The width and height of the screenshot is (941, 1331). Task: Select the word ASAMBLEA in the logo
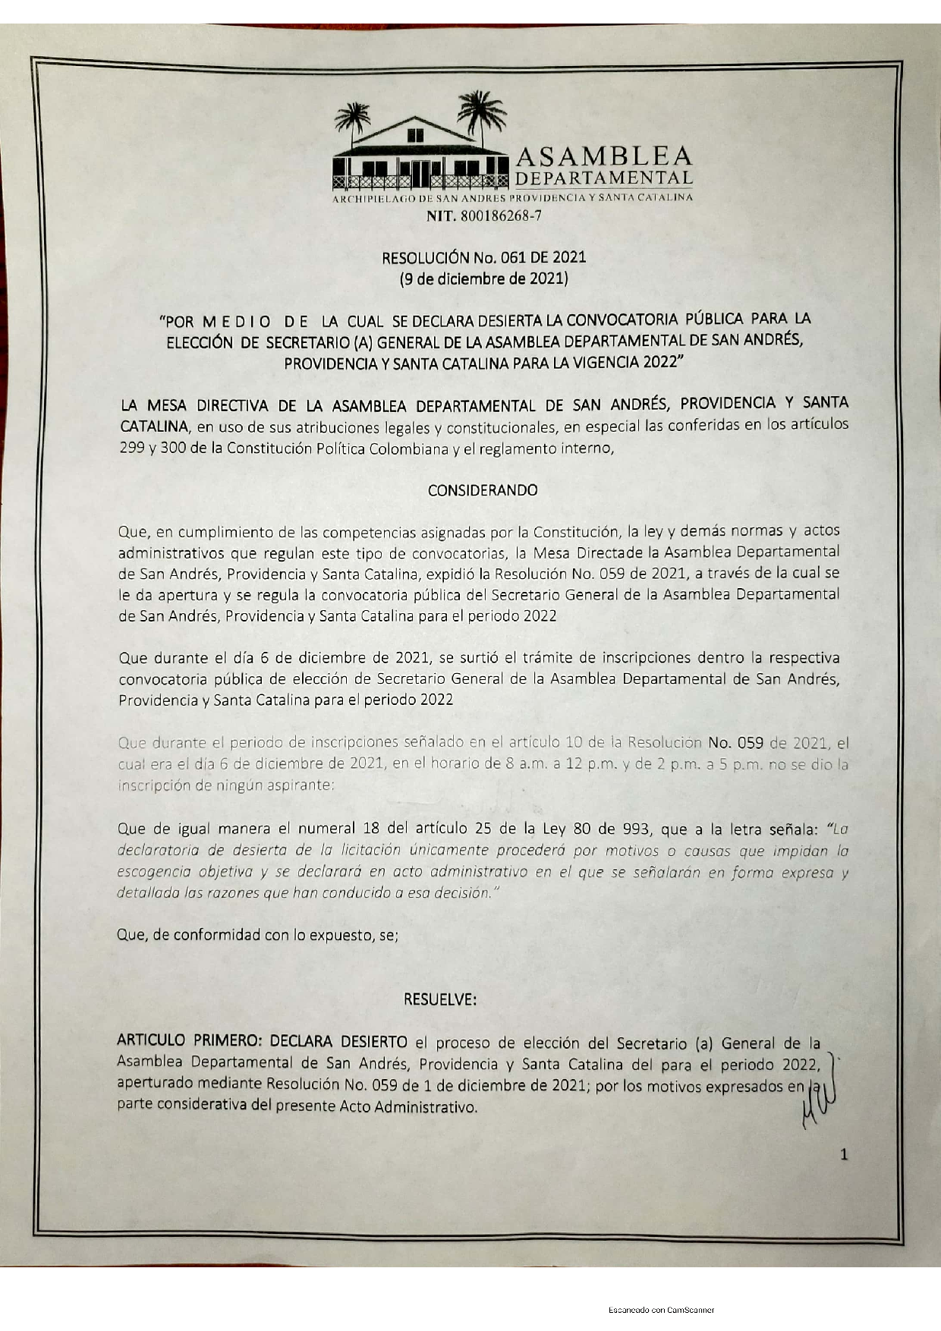tap(604, 156)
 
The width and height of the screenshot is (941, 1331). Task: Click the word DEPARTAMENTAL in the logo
tap(604, 178)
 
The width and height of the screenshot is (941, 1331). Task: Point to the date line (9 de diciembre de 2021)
tap(483, 278)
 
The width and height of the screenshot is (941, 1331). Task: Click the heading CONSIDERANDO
tap(483, 490)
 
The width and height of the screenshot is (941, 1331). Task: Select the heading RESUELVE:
tap(440, 999)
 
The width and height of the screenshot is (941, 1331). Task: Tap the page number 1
tap(844, 1155)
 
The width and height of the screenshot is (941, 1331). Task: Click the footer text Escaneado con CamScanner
tap(661, 1310)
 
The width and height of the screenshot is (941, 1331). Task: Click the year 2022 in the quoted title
tap(659, 362)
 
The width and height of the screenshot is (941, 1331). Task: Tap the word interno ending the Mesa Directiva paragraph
tap(585, 448)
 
